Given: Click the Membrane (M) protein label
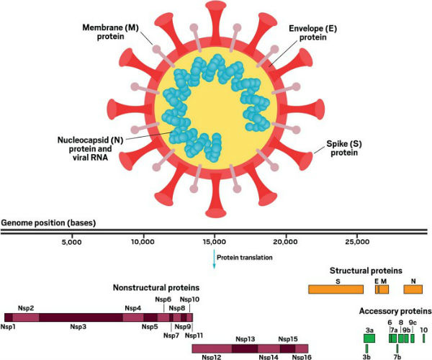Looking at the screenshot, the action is pos(110,32).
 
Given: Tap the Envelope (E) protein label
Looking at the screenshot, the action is pos(312,33).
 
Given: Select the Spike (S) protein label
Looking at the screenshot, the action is pos(344,148).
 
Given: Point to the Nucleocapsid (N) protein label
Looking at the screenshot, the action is pos(91,148).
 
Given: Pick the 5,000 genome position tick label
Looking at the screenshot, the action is pos(72,242).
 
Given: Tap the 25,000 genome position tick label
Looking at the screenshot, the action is pos(357,242).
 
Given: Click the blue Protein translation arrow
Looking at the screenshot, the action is pos(214,259).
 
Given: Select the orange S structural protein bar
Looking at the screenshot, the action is pos(336,289).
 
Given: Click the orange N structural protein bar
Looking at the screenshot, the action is pos(413,289).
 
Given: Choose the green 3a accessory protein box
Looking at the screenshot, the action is pos(369,338).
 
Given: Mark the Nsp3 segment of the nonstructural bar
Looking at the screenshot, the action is pos(81,318).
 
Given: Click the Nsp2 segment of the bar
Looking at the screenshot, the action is pos(26,318).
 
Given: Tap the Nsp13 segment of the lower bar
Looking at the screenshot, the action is pos(245,348).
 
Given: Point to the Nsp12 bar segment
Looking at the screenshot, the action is pos(212,348).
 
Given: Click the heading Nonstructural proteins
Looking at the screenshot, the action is pos(156,288).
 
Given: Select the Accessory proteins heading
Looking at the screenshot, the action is pos(395,311).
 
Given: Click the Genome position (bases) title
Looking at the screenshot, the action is pos(48,222).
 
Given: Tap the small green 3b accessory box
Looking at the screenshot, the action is pos(366,348).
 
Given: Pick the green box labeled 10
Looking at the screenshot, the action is pos(424,338).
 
